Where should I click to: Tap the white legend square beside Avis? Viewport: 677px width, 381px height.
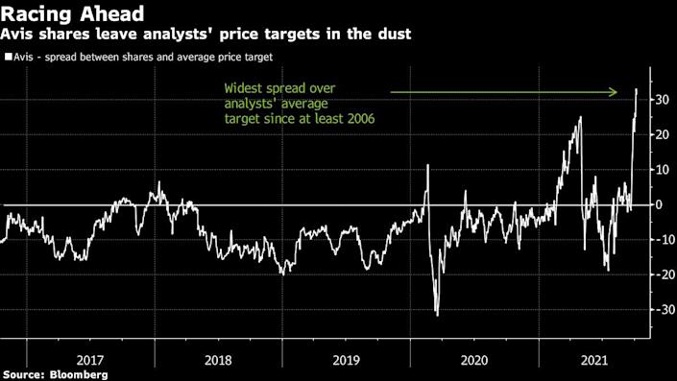(8, 58)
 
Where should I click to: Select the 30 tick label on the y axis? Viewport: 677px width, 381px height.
(662, 100)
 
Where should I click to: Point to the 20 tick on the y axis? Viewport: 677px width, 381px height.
(662, 135)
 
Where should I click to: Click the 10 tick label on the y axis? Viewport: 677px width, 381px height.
(662, 170)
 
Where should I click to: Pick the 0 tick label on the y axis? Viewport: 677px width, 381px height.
(659, 205)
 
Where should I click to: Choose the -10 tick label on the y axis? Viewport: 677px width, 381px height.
(662, 240)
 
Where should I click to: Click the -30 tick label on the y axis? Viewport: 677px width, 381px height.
(662, 310)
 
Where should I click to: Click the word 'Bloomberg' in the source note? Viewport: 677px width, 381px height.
(80, 372)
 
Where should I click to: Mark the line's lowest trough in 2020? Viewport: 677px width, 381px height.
(437, 315)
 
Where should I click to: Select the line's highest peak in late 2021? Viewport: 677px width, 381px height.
(636, 89)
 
